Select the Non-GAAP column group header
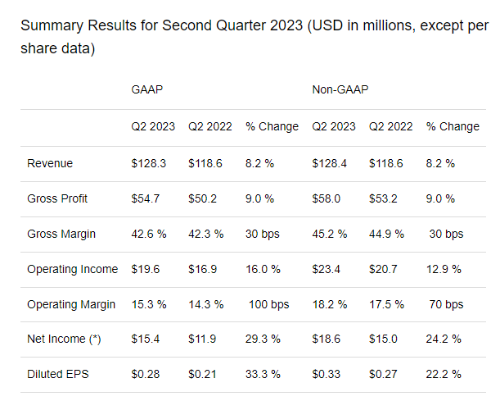pyautogui.click(x=340, y=89)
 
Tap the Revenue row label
pyautogui.click(x=50, y=163)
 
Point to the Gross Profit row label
pyautogui.click(x=57, y=198)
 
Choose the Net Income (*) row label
pyautogui.click(x=64, y=339)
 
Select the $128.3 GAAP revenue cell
pyautogui.click(x=149, y=163)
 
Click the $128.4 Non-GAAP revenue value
pyautogui.click(x=330, y=163)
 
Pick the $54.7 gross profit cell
pyautogui.click(x=146, y=198)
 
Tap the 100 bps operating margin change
pyautogui.click(x=269, y=304)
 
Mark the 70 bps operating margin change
pyautogui.click(x=446, y=304)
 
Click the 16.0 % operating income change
pyautogui.click(x=264, y=269)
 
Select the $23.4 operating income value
pyautogui.click(x=327, y=269)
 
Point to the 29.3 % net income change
pyautogui.click(x=264, y=339)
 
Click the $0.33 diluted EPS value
pyautogui.click(x=327, y=374)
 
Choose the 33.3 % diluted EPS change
pyautogui.click(x=264, y=374)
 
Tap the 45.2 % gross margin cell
pyautogui.click(x=330, y=234)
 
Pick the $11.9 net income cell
pyautogui.click(x=202, y=339)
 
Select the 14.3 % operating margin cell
pyautogui.click(x=205, y=304)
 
